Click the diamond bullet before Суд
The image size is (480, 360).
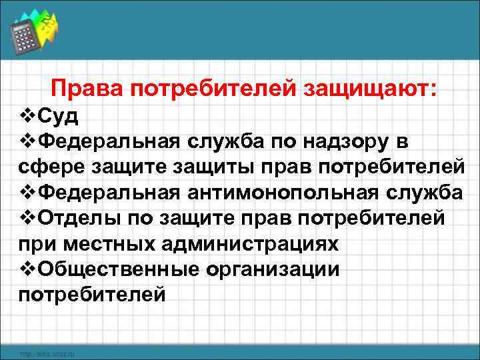coord(27,117)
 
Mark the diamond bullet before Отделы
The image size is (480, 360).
coord(27,217)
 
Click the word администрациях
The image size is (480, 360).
coord(250,243)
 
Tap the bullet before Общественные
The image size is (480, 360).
coord(27,268)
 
